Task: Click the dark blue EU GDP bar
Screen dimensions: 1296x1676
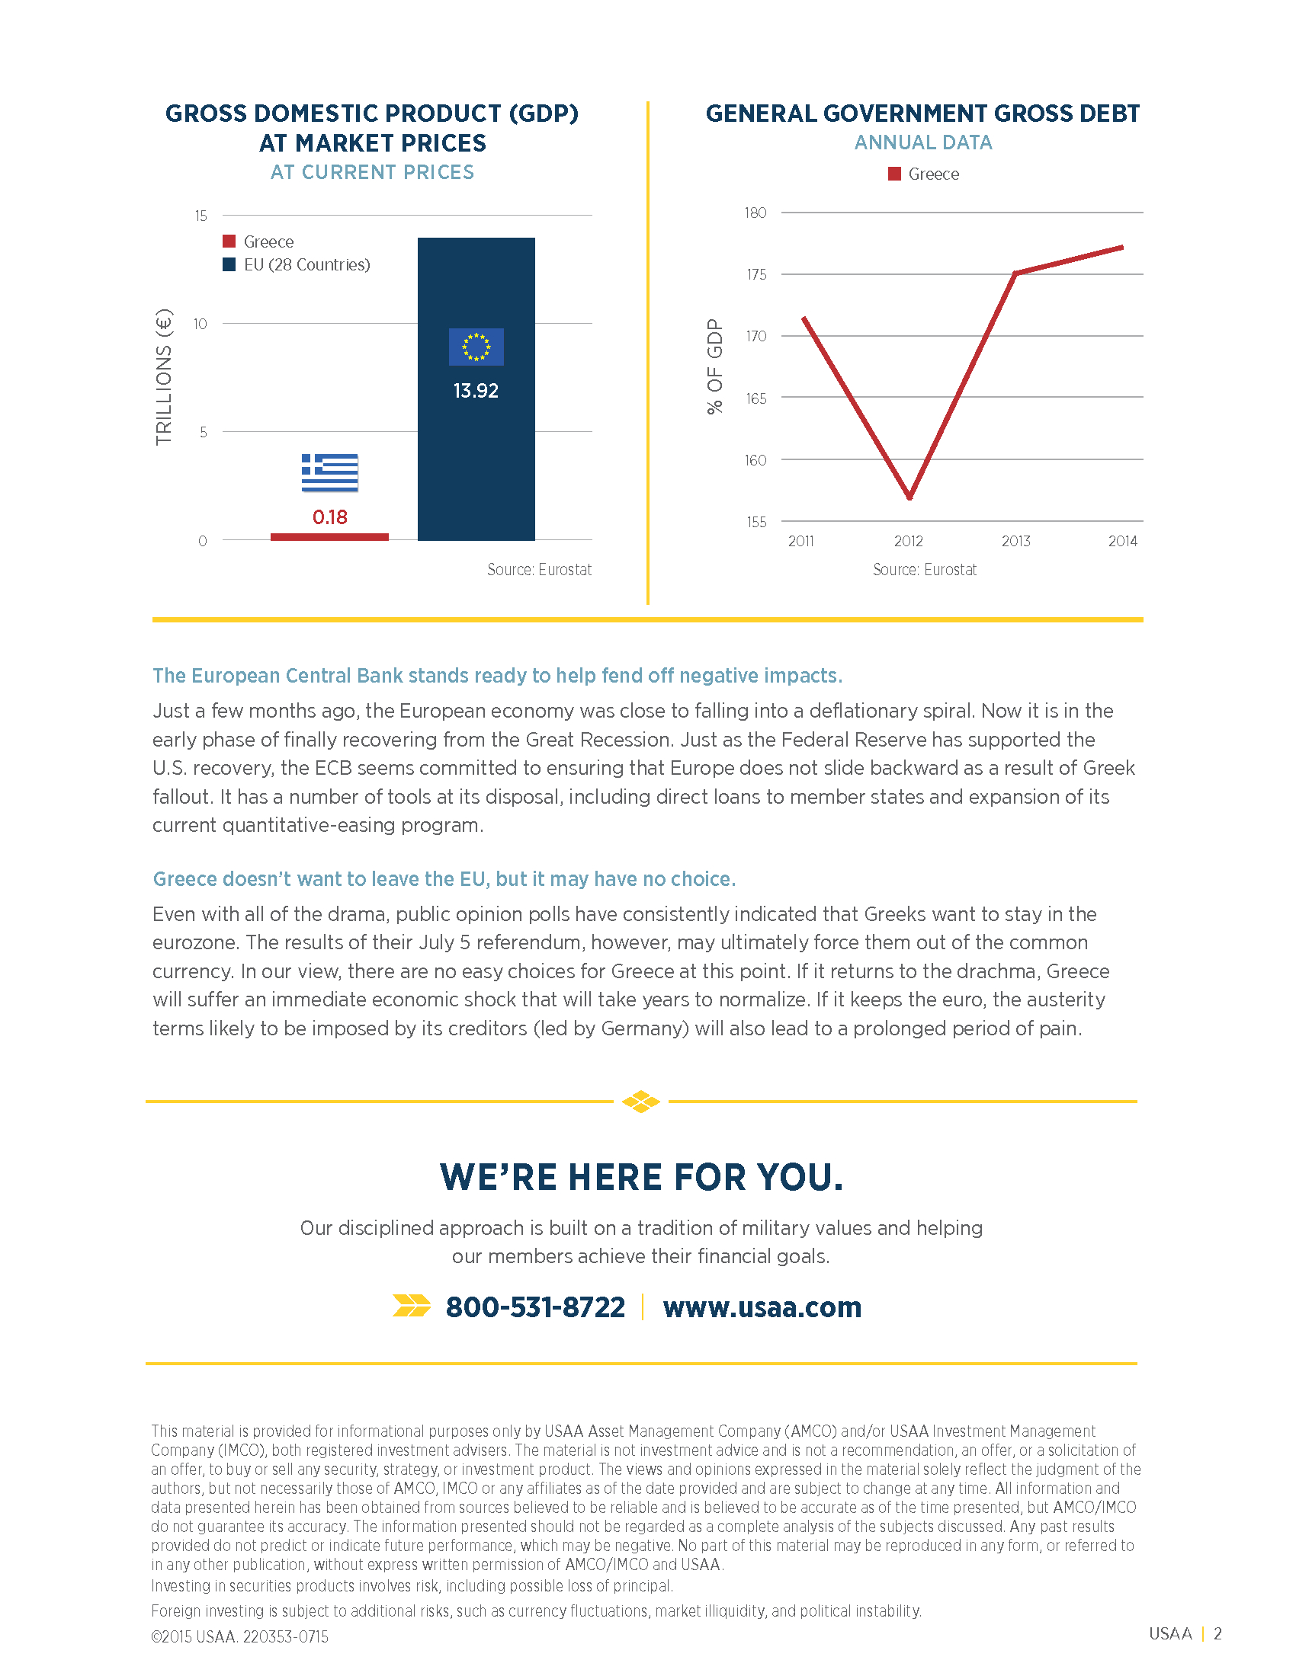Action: tap(476, 389)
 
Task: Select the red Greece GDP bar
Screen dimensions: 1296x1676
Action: tap(329, 537)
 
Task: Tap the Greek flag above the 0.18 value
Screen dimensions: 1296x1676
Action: tap(329, 473)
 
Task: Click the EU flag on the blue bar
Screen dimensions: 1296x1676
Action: tap(476, 347)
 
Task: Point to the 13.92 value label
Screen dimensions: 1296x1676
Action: tap(476, 391)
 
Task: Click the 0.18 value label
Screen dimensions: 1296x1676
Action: tap(329, 517)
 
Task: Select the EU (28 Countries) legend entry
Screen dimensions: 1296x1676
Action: tap(297, 265)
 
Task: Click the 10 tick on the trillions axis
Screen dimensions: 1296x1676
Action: tap(200, 324)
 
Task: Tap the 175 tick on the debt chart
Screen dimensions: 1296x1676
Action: tap(756, 275)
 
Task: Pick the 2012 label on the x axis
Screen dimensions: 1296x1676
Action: tap(908, 541)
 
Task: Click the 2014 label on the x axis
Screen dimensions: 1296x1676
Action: tap(1122, 541)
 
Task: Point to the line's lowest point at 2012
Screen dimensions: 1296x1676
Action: tap(909, 498)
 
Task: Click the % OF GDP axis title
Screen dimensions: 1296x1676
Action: tap(715, 367)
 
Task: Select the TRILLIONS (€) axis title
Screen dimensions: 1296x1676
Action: tap(164, 377)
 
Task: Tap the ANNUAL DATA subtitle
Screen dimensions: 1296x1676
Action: tap(923, 142)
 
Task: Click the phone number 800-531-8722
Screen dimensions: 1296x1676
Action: tap(535, 1307)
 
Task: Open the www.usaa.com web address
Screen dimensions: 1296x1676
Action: tap(762, 1307)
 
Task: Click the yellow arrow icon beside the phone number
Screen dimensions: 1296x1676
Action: tap(412, 1305)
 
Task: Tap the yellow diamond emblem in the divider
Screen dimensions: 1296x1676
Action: tap(641, 1102)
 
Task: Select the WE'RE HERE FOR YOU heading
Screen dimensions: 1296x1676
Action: tap(641, 1177)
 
